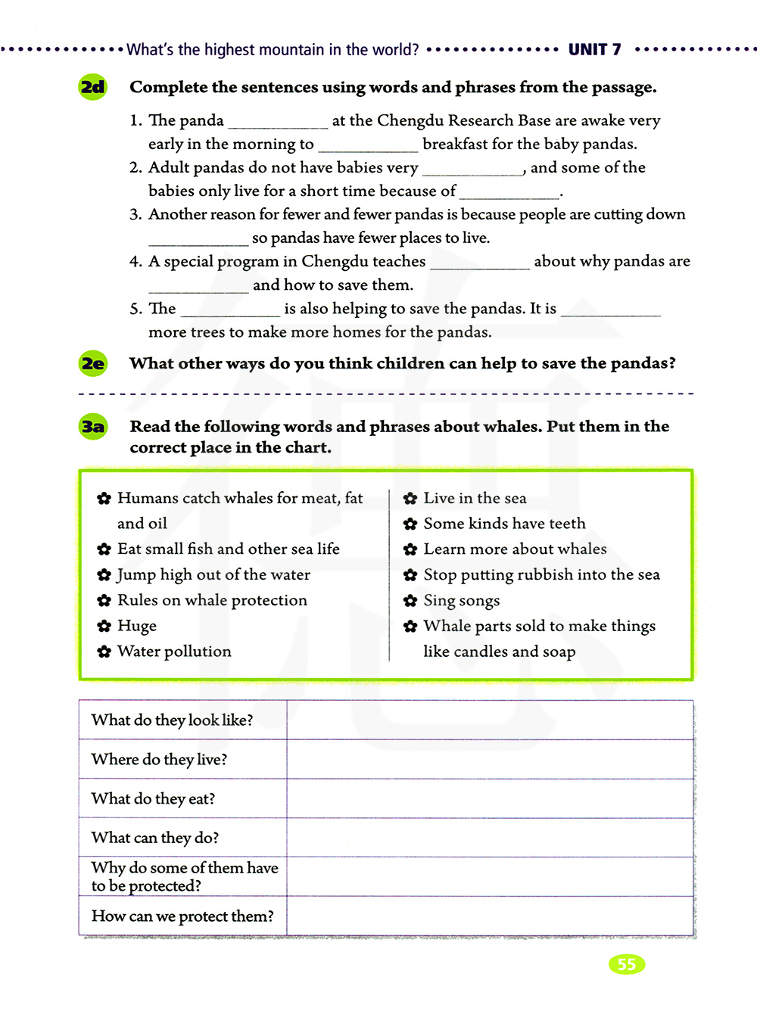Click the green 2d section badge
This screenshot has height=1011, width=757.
tap(93, 87)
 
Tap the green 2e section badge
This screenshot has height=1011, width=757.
tap(93, 363)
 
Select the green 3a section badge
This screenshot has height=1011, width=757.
tap(93, 427)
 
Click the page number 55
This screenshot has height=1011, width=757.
tap(626, 964)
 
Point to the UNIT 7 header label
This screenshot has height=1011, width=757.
tap(594, 50)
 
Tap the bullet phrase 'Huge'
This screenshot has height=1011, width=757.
tap(137, 626)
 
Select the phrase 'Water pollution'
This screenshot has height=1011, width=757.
tap(174, 652)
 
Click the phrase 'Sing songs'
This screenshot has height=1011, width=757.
tap(462, 600)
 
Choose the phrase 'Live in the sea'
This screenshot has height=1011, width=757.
tap(475, 498)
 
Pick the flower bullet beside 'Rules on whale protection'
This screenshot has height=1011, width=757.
tap(104, 601)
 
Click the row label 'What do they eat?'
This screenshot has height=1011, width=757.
tap(154, 798)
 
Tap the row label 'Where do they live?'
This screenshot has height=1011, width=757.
tap(160, 759)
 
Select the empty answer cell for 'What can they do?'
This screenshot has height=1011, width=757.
tap(490, 838)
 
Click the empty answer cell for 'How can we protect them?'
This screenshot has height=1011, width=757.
tap(490, 916)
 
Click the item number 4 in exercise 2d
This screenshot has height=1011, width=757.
tap(135, 262)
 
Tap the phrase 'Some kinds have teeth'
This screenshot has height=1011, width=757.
tap(504, 524)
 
